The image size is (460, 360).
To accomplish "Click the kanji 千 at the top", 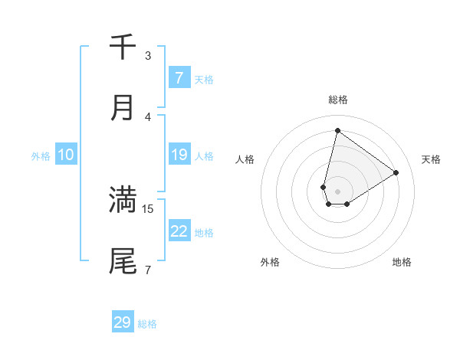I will [123, 47].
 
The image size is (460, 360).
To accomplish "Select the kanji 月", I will [123, 108].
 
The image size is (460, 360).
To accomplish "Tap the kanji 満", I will [123, 199].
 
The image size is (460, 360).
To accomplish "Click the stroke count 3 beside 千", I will [148, 55].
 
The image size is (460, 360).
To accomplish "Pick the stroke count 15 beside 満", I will [149, 208].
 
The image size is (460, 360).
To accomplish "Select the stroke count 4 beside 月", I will [148, 116].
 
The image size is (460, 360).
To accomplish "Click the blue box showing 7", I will [179, 78].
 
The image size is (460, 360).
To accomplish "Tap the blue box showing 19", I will [179, 155].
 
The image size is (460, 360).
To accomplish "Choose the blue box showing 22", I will [179, 231].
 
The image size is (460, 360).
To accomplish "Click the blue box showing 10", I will [65, 155].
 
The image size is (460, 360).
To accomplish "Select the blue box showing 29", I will [123, 322].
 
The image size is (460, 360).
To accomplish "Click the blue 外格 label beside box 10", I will [41, 155].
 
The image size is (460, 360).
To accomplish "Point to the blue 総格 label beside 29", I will [147, 324].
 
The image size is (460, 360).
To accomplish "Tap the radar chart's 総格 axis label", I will [337, 100].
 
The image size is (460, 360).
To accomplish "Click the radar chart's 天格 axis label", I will [432, 159].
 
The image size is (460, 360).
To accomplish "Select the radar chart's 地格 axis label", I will [402, 262].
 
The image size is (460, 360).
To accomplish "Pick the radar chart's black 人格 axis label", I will [245, 159].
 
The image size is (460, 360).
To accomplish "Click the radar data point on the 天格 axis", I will [396, 172].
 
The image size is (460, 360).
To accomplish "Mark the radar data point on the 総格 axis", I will [337, 130].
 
